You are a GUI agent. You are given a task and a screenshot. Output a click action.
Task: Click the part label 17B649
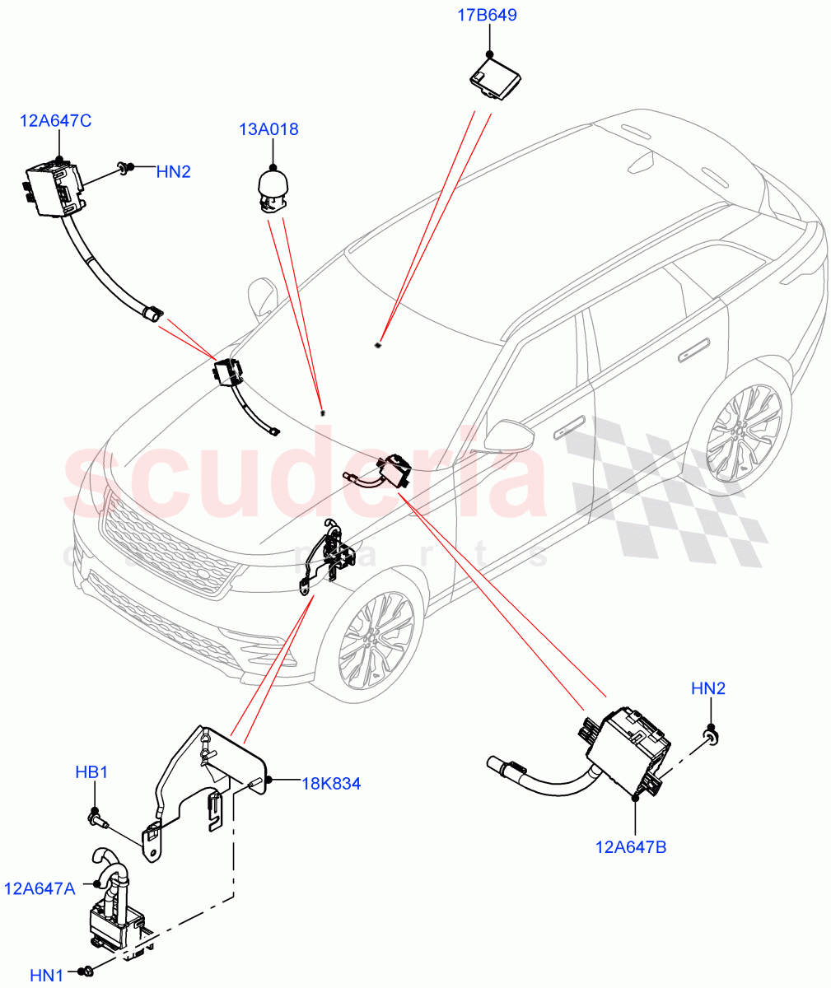click(x=488, y=15)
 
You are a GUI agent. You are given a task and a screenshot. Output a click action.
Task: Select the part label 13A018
click(x=268, y=129)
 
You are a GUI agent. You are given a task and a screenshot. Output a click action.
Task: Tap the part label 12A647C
click(x=56, y=121)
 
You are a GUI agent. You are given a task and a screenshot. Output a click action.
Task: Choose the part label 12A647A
click(x=40, y=888)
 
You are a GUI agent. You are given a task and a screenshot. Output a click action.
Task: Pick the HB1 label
click(x=91, y=773)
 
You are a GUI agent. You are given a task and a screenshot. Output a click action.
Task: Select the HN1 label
click(x=47, y=975)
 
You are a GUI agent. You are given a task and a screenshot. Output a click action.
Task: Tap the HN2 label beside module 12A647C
click(x=173, y=171)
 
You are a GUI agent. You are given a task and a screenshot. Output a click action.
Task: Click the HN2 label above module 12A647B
click(x=707, y=688)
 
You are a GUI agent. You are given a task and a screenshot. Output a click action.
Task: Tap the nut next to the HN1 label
click(x=89, y=972)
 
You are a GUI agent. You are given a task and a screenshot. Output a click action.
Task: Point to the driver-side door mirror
click(x=507, y=436)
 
